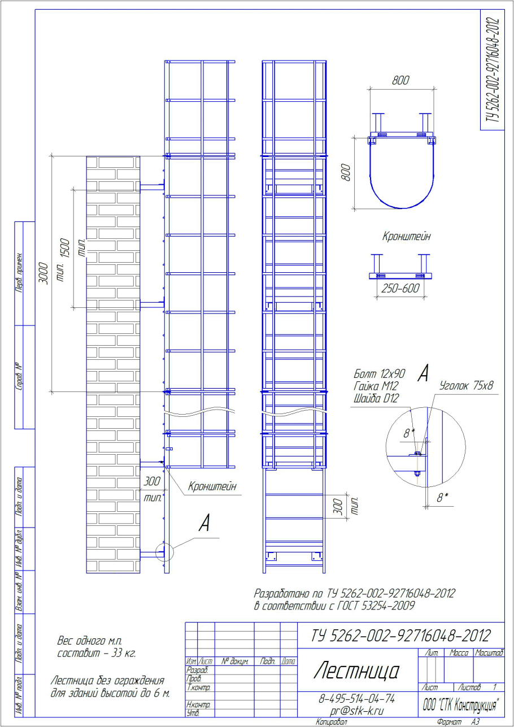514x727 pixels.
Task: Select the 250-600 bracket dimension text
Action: coord(400,288)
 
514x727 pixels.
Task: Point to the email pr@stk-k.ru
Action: coord(356,711)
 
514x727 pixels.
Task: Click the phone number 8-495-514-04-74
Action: coord(356,698)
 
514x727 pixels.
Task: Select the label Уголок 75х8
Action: coord(466,386)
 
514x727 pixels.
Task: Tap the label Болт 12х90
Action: coord(380,374)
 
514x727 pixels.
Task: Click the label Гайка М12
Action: coord(376,386)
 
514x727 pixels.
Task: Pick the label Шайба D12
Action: coord(376,398)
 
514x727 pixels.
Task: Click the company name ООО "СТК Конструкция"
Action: coord(460,705)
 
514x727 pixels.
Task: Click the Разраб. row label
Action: coord(197,669)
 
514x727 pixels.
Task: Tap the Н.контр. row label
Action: coord(198,704)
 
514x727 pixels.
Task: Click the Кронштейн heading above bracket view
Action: coord(406,236)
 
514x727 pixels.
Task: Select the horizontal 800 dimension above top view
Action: coord(400,80)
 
